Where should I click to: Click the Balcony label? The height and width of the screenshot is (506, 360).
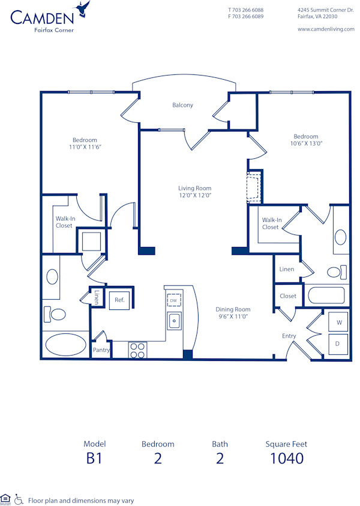point(182,106)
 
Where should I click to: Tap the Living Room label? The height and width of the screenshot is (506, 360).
point(194,188)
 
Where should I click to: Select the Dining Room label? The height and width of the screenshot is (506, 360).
point(233,309)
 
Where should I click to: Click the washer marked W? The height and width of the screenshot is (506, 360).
point(339,323)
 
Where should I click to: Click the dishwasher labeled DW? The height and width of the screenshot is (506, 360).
point(173,300)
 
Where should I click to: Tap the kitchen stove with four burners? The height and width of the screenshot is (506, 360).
point(137,350)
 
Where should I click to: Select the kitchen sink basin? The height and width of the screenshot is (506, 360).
point(174,321)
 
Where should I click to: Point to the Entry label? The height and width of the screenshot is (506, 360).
point(289,336)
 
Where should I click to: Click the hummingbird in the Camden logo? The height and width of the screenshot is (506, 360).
point(83,8)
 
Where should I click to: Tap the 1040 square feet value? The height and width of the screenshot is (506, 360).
point(286,459)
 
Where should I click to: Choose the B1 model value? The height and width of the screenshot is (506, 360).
point(95,459)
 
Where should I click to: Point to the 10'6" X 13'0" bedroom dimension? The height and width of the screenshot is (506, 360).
point(305,143)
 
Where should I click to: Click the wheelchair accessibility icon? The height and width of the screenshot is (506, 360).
point(19,499)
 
